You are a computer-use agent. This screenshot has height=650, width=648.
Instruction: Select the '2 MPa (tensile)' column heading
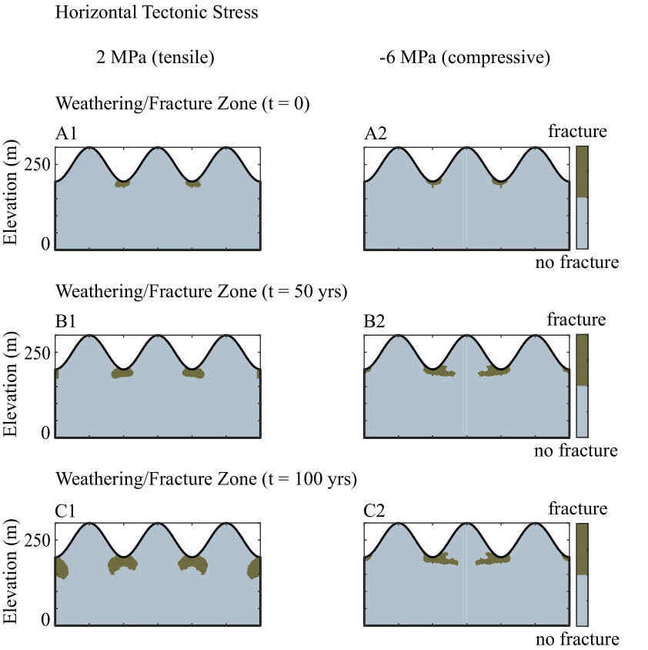pyautogui.click(x=155, y=59)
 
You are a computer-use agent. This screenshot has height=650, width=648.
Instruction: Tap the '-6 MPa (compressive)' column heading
pyautogui.click(x=465, y=59)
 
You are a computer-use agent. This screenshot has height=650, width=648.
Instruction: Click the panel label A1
pyautogui.click(x=66, y=133)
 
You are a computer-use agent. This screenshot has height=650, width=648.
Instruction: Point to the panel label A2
pyautogui.click(x=376, y=133)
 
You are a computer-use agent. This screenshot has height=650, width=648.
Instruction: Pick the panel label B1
pyautogui.click(x=66, y=320)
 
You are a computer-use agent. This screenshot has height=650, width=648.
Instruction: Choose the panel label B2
pyautogui.click(x=376, y=320)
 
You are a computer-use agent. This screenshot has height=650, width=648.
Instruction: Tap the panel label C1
pyautogui.click(x=66, y=509)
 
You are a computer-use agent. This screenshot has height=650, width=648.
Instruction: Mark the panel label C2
pyautogui.click(x=376, y=509)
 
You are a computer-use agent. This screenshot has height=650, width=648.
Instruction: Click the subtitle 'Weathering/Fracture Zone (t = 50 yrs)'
pyautogui.click(x=202, y=292)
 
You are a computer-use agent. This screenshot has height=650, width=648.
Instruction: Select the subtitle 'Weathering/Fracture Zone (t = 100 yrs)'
pyautogui.click(x=206, y=480)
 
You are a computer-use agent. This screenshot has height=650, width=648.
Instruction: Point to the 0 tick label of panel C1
pyautogui.click(x=45, y=620)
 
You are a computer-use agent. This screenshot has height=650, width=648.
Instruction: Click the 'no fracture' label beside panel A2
pyautogui.click(x=577, y=263)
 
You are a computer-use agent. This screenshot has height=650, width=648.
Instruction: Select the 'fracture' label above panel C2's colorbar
pyautogui.click(x=578, y=508)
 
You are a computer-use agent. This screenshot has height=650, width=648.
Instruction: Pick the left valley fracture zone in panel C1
pyautogui.click(x=123, y=565)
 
